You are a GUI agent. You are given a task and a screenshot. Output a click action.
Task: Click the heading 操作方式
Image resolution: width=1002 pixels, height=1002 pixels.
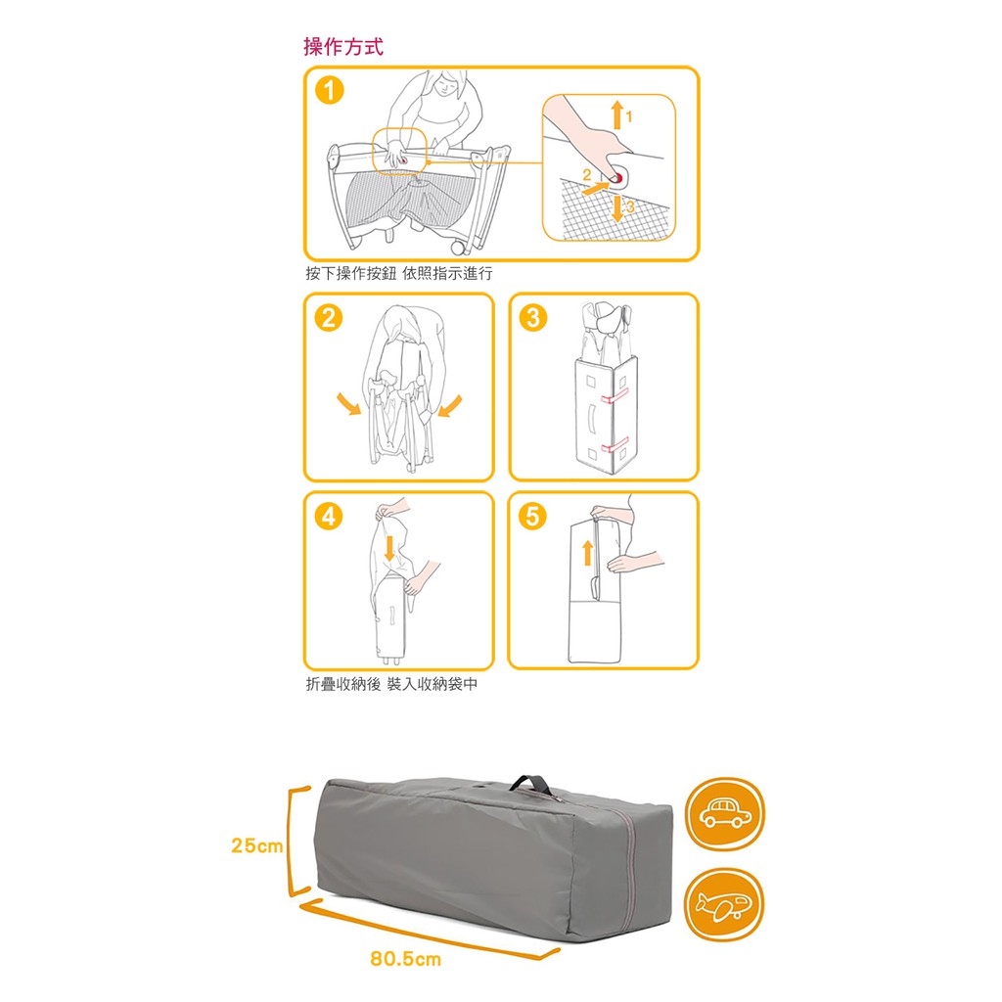(343, 47)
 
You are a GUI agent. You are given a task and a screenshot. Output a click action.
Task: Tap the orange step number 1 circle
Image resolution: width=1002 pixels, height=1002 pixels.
(329, 90)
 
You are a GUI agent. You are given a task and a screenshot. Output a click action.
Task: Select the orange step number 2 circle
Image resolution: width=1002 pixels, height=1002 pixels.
(329, 318)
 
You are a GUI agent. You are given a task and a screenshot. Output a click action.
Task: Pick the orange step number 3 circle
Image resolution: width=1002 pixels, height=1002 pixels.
(533, 318)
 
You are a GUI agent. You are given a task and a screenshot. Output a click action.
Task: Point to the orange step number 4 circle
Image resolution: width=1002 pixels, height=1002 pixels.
(329, 516)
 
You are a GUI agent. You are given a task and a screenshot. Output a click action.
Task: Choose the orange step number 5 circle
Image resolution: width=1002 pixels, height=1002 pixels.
(532, 516)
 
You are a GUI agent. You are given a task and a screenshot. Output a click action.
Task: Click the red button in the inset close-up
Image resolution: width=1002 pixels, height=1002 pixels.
(616, 178)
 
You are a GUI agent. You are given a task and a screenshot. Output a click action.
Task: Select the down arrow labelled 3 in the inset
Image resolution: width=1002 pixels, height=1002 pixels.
(616, 208)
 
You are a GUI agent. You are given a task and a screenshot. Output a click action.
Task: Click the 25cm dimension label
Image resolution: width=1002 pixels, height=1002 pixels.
(257, 845)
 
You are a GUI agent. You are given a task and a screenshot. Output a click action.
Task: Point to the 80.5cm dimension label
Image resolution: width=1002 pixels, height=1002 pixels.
(405, 959)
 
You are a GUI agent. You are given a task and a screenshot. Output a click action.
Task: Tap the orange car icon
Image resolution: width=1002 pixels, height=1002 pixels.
(725, 813)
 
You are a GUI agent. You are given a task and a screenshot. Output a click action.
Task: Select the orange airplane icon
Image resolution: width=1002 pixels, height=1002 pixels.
(724, 904)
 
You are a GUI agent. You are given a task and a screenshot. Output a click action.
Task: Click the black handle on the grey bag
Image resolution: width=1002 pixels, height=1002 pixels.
(531, 784)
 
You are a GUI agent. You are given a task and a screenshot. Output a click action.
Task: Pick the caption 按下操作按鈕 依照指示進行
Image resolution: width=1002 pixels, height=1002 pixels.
(399, 274)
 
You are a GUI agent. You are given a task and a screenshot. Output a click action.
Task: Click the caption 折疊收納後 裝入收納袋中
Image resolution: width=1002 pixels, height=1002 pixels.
(391, 684)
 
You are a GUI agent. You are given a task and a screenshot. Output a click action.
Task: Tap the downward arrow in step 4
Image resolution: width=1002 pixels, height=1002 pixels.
(389, 548)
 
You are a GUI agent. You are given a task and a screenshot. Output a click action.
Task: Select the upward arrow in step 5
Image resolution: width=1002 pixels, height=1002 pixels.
(588, 554)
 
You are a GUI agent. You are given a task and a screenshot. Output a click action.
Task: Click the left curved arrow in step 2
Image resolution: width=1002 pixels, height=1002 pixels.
(349, 404)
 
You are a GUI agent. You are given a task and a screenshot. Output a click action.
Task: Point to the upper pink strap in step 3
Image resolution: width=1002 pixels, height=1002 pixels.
(615, 397)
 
